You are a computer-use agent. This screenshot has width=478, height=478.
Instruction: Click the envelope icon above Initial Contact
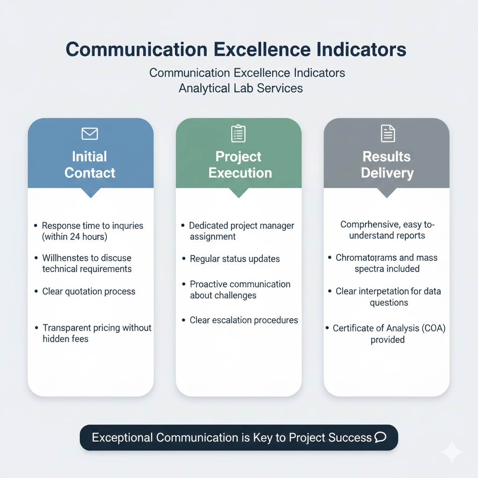point(90,134)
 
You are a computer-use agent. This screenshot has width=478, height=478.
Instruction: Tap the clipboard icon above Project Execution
point(238,134)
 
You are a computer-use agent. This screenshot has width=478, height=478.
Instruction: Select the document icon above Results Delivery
point(387,134)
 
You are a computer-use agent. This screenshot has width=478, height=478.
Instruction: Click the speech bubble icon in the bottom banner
point(380,437)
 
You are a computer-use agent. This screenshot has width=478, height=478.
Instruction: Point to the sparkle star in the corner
point(451,452)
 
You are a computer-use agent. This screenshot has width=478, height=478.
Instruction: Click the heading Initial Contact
point(90,164)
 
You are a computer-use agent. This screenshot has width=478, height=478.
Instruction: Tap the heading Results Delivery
point(387,164)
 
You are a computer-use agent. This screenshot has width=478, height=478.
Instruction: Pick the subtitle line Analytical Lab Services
point(240,88)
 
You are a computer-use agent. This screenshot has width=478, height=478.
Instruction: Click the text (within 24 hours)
point(75,237)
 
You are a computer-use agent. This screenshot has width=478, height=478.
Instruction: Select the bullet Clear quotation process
point(89,291)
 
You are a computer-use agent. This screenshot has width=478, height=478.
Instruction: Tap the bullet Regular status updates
point(235,259)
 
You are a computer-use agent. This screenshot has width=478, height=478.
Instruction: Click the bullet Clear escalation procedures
point(244,320)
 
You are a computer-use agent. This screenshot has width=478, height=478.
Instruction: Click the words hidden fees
point(65,339)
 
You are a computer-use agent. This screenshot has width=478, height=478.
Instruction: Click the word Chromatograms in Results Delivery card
point(366,258)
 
